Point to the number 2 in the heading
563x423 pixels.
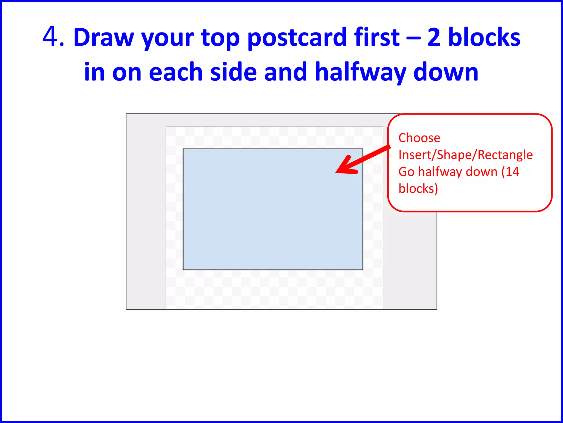point(434,37)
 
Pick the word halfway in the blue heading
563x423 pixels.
point(360,72)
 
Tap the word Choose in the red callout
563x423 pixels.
point(419,138)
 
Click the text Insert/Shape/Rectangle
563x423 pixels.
point(465,155)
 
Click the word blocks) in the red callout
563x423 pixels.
point(418,189)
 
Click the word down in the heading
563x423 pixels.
point(446,72)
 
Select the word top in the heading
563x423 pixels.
point(220,38)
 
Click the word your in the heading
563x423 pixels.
point(167,38)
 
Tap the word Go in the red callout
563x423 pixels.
point(406,172)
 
